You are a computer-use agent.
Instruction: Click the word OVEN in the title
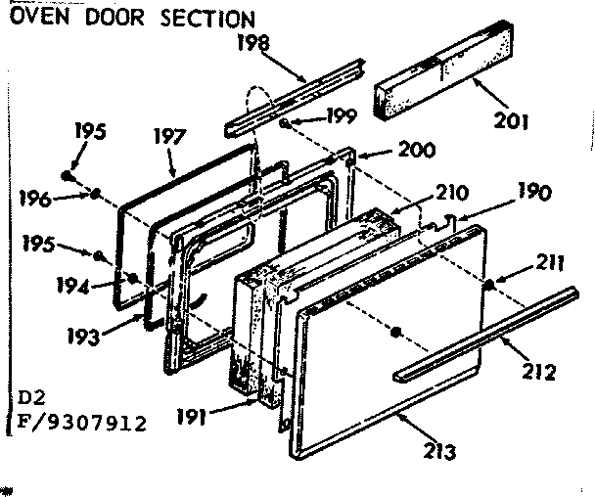click(x=37, y=19)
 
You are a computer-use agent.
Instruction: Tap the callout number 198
click(x=253, y=43)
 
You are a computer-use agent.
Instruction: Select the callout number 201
click(x=511, y=122)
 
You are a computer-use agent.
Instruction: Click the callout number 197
click(x=167, y=138)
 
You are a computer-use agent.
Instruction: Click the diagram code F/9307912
click(x=76, y=424)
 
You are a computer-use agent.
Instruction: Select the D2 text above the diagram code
click(x=30, y=400)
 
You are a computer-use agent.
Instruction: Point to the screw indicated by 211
click(x=486, y=284)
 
